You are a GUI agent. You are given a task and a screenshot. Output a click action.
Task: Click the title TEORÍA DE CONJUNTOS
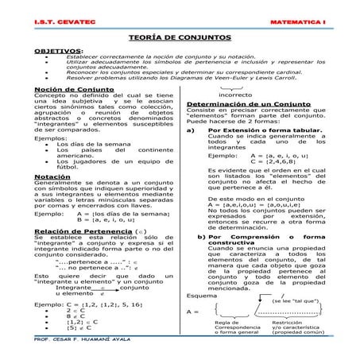180,37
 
